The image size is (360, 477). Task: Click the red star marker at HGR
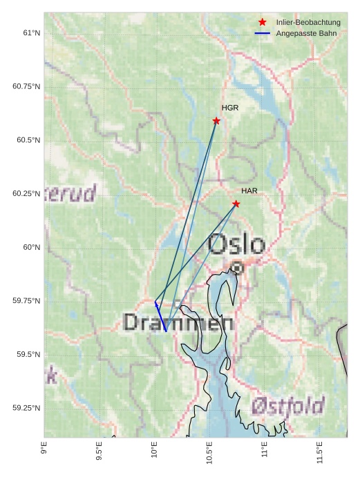point(216,121)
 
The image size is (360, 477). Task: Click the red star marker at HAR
point(236,204)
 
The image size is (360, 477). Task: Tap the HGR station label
point(230,108)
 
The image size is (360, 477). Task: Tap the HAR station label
point(249,191)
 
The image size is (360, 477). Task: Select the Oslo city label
point(236,244)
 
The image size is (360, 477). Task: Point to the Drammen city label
point(178,322)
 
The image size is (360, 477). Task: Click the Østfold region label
point(287,405)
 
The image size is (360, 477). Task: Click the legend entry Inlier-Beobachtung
point(308,23)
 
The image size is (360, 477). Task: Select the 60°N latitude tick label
point(30,247)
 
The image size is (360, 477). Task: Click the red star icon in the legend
point(263,23)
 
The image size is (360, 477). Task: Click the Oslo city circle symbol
point(237,267)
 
